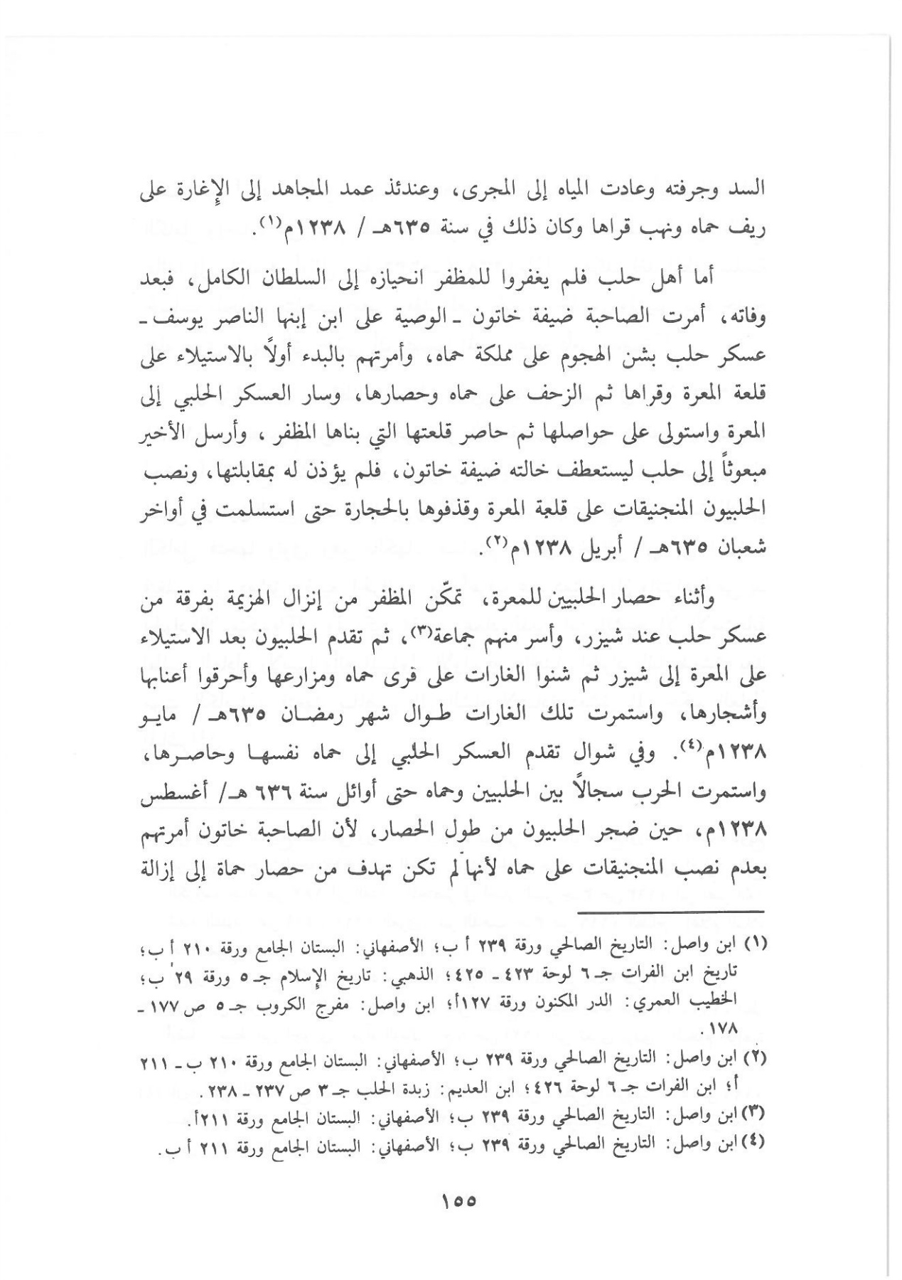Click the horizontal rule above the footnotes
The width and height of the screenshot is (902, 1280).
tap(670, 911)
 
